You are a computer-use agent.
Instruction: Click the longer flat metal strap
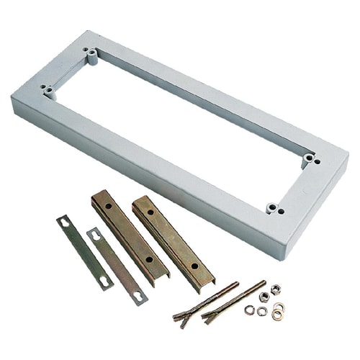[84, 252]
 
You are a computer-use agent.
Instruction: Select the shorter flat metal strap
[116, 266]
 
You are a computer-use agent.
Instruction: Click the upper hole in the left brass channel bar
[107, 206]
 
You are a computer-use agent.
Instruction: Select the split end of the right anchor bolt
[210, 316]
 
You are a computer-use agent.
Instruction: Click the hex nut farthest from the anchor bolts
[276, 289]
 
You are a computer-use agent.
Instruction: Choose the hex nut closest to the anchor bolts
[264, 296]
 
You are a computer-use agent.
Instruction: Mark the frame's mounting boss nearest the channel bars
[272, 209]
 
